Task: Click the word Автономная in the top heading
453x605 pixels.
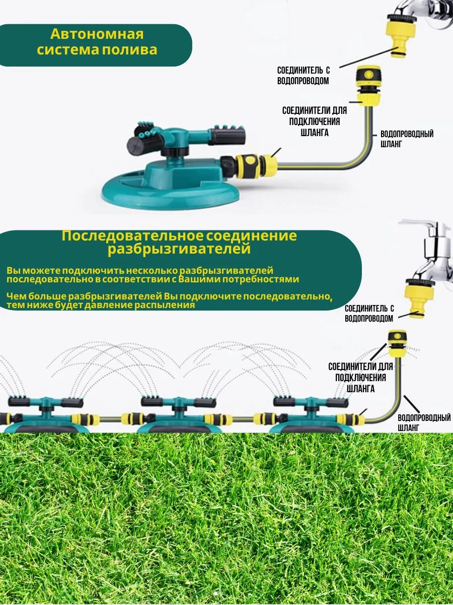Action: tap(97, 34)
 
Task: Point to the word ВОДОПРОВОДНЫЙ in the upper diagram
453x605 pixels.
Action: tap(407, 134)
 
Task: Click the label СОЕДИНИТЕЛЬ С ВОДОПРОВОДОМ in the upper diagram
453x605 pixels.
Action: tap(303, 75)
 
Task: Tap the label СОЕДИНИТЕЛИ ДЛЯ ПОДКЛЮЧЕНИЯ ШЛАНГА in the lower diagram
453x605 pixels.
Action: tap(360, 378)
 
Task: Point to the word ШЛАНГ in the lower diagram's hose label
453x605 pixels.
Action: tap(408, 428)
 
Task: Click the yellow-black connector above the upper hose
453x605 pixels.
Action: tap(369, 85)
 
